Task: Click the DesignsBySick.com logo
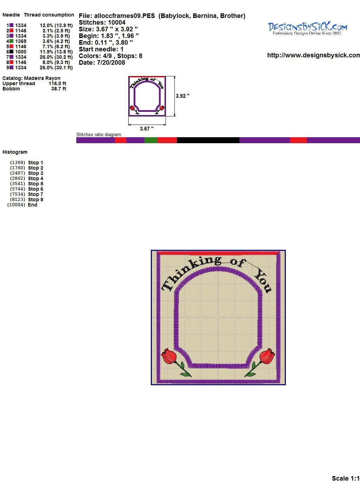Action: coord(307,28)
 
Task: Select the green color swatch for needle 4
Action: coord(12,41)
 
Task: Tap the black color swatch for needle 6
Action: coord(12,52)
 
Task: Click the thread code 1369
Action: coord(21,41)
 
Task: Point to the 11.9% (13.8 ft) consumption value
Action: coord(56,52)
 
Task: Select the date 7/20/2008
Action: coord(111,63)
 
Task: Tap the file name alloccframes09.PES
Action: coord(124,16)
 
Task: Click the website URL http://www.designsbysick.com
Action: coord(314,55)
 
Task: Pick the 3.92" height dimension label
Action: coord(182,96)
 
